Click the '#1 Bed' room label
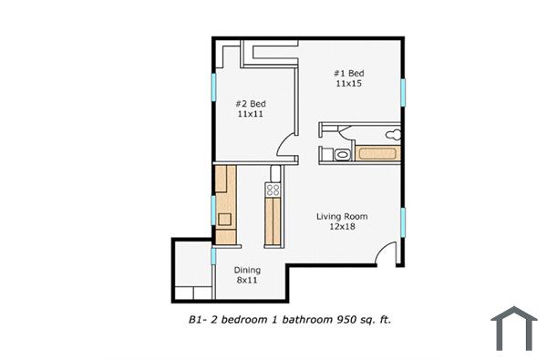348,73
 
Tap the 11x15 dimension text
348,84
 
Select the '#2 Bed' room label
251,104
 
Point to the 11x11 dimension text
251,115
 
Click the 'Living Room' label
342,216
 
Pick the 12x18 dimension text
342,227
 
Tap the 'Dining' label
247,270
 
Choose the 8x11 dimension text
247,281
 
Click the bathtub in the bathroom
377,153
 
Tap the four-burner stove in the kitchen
273,190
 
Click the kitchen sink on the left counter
224,219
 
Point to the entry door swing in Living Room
388,255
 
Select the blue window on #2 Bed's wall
214,87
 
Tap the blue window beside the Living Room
402,221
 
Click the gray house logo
514,328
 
